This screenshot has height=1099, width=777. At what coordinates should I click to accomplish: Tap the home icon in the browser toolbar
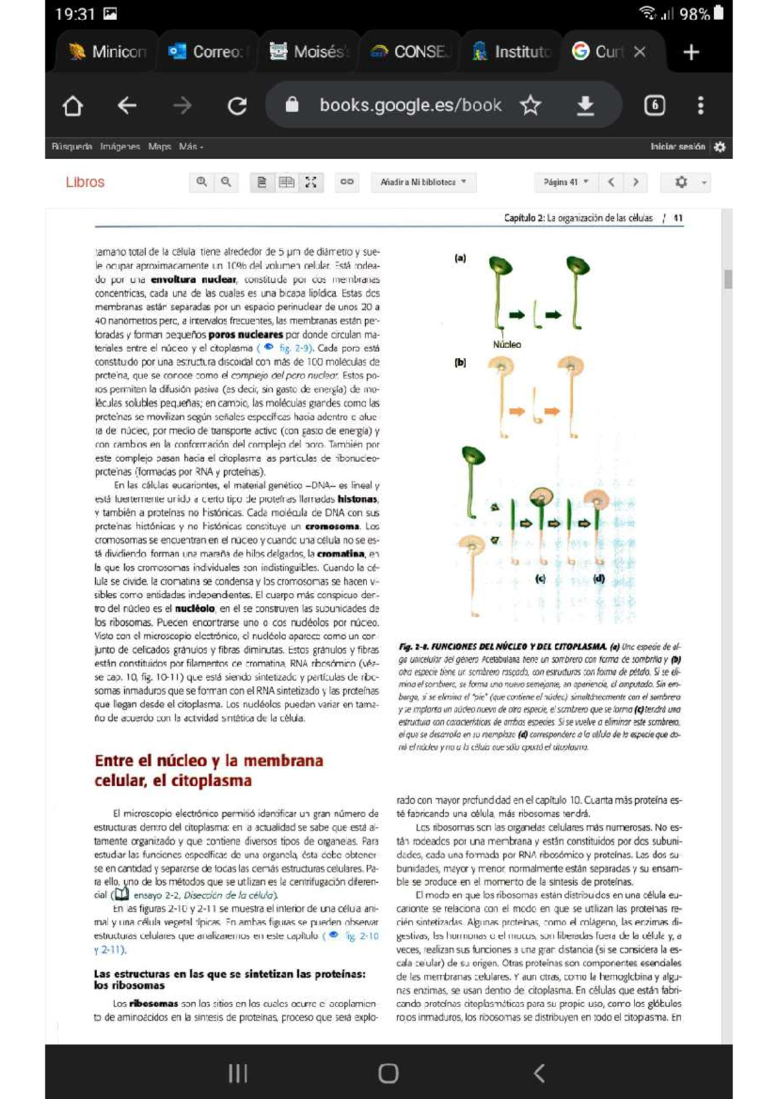pyautogui.click(x=73, y=105)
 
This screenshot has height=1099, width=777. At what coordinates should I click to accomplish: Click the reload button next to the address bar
pyautogui.click(x=237, y=105)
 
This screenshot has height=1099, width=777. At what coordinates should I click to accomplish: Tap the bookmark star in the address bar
pyautogui.click(x=530, y=105)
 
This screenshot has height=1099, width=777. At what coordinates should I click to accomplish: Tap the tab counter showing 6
pyautogui.click(x=655, y=105)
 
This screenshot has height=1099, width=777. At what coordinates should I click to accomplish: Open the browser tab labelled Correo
pyautogui.click(x=206, y=52)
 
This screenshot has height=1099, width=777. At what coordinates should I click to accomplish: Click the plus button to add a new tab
pyautogui.click(x=691, y=52)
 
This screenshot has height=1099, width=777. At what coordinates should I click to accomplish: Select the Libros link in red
pyautogui.click(x=85, y=182)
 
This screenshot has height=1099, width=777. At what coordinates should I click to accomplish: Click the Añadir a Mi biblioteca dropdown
pyautogui.click(x=423, y=182)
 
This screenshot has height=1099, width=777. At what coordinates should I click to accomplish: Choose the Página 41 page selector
pyautogui.click(x=565, y=182)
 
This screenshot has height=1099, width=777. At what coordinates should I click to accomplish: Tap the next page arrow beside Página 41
pyautogui.click(x=636, y=182)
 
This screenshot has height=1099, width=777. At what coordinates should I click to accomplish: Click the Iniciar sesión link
pyautogui.click(x=677, y=147)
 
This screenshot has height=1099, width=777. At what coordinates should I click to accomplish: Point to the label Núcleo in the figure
pyautogui.click(x=506, y=344)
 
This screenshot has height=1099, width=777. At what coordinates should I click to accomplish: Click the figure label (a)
pyautogui.click(x=460, y=258)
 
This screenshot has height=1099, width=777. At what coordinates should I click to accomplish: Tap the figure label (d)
pyautogui.click(x=599, y=579)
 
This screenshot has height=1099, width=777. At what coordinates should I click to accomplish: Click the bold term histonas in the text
pyautogui.click(x=357, y=499)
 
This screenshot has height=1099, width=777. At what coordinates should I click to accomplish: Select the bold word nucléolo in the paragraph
pyautogui.click(x=195, y=608)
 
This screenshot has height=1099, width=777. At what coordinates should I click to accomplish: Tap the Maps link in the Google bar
pyautogui.click(x=159, y=147)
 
